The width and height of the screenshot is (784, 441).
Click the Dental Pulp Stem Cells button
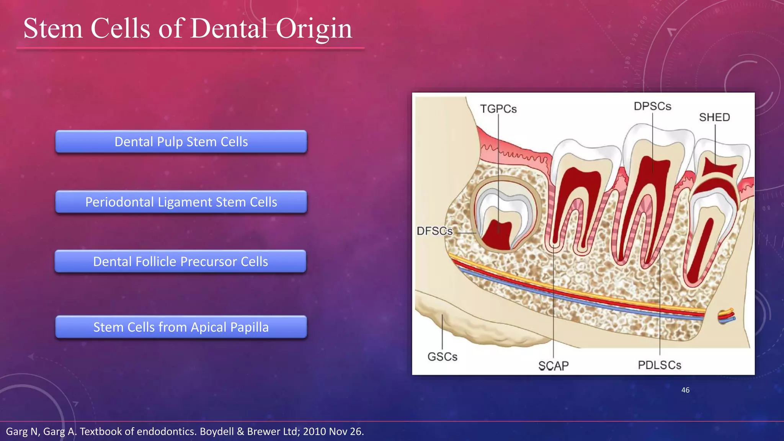click(x=181, y=142)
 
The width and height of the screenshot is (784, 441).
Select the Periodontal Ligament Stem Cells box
click(x=181, y=202)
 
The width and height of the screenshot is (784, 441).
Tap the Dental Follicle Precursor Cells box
click(x=180, y=261)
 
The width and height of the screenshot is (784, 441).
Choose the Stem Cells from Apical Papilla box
click(x=181, y=327)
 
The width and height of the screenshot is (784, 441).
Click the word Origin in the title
click(x=314, y=29)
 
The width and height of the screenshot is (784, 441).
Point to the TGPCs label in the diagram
click(x=498, y=109)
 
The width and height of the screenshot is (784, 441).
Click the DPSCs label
click(x=652, y=106)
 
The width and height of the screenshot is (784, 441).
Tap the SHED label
click(x=714, y=117)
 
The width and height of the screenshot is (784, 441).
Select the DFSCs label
click(x=434, y=231)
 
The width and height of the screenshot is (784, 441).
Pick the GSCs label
click(x=442, y=356)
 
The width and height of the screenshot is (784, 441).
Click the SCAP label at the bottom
click(x=553, y=366)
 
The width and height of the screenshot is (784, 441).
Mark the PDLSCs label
click(x=659, y=365)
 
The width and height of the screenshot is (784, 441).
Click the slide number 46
click(x=685, y=390)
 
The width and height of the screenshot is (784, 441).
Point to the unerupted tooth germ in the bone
click(x=505, y=214)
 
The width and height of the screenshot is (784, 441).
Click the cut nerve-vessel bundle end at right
click(x=726, y=316)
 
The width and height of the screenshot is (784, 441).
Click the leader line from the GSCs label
click(x=442, y=332)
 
